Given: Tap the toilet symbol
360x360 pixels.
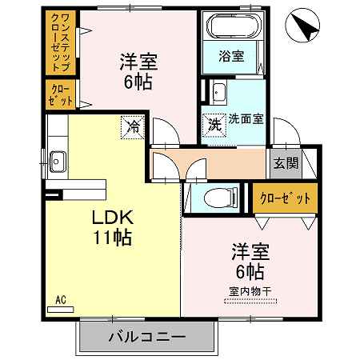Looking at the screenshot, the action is click(x=221, y=198).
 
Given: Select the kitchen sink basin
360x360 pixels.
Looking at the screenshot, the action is click(x=58, y=162).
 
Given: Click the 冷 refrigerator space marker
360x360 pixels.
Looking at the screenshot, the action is click(x=133, y=127).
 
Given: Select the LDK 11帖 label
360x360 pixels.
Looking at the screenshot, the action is click(x=112, y=227).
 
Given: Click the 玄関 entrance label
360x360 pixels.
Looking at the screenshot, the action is click(x=286, y=163).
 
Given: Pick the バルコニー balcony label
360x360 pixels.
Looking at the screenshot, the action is click(x=146, y=337).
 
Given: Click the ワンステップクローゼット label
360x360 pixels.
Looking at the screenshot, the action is click(x=61, y=42).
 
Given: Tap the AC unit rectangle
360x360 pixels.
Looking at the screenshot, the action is click(x=60, y=310).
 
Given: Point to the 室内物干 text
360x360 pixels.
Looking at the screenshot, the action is click(x=250, y=291).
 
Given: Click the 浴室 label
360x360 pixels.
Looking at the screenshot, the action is click(x=231, y=56).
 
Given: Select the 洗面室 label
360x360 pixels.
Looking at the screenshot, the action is click(x=246, y=119).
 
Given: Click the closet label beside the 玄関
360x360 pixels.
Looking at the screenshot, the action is click(x=285, y=198).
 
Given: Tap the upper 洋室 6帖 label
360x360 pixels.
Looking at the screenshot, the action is click(x=138, y=71).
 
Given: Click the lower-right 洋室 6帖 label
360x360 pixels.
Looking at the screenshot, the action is click(x=250, y=261).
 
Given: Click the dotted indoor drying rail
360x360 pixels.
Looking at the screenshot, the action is click(x=250, y=302).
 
